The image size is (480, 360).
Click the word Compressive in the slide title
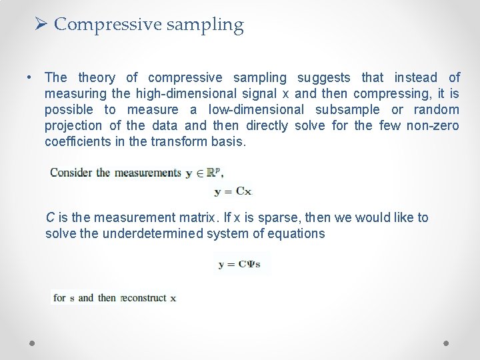[x=107, y=25]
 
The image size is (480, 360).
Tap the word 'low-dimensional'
[x=257, y=110]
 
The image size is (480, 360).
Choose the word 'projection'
[x=73, y=126]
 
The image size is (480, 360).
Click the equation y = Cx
[x=233, y=191]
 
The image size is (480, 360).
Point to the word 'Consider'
[x=71, y=173]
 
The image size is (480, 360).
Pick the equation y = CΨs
[x=239, y=264]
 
